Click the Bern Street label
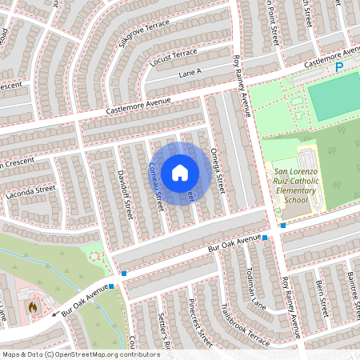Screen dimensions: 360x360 coord(321,295)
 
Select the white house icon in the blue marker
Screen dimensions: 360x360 coord(180,172)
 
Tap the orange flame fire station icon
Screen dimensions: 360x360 coord(33,306)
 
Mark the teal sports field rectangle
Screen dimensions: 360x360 coord(333,99)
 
